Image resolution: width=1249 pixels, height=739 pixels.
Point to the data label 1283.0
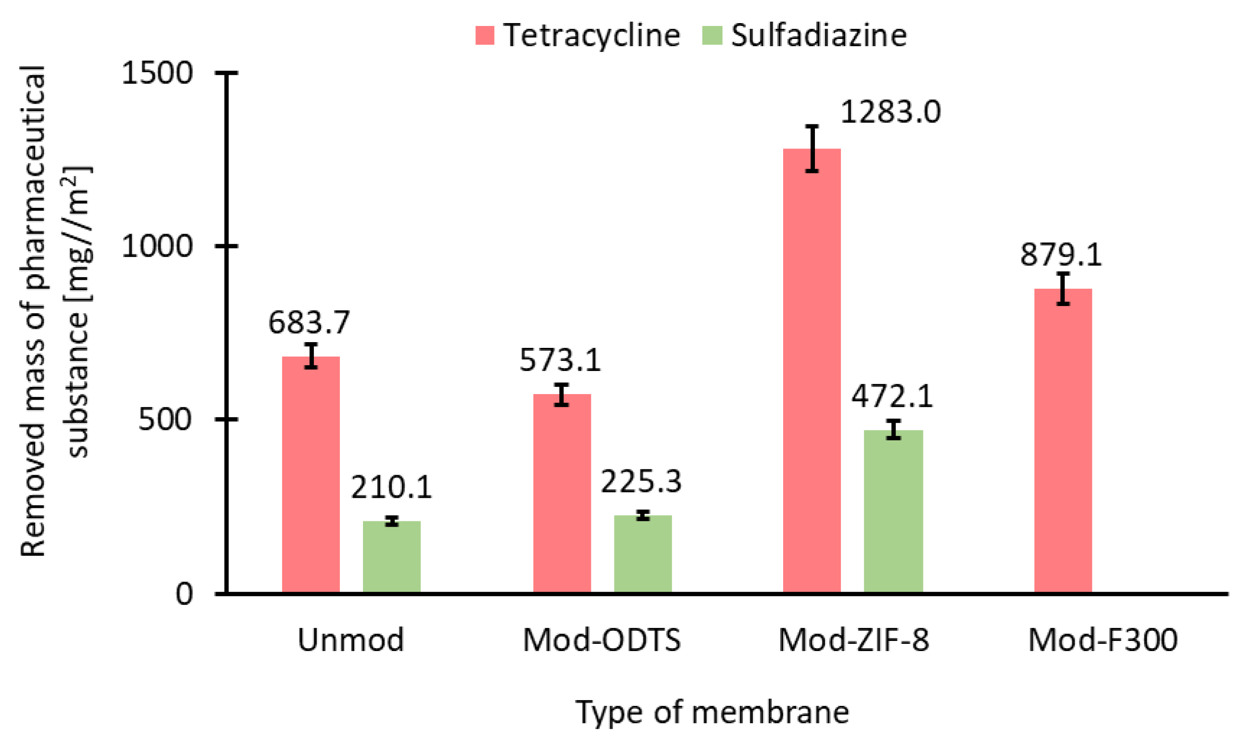pyautogui.click(x=890, y=111)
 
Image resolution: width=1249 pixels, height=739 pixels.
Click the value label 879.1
pyautogui.click(x=1061, y=255)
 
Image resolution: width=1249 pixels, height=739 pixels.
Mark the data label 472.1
pyautogui.click(x=892, y=397)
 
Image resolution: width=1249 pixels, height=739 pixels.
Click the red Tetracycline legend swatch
pyautogui.click(x=484, y=36)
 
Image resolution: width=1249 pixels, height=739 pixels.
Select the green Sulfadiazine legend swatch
pyautogui.click(x=712, y=36)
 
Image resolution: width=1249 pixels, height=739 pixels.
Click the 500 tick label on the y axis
pyautogui.click(x=165, y=419)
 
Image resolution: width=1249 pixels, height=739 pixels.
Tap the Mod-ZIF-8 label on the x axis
pyautogui.click(x=853, y=640)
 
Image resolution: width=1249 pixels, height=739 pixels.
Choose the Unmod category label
pyautogui.click(x=351, y=640)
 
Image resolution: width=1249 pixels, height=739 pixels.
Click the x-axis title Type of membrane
pyautogui.click(x=712, y=712)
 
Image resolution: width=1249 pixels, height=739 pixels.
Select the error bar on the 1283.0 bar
pyautogui.click(x=812, y=149)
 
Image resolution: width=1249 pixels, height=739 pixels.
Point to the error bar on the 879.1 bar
pyautogui.click(x=1063, y=289)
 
